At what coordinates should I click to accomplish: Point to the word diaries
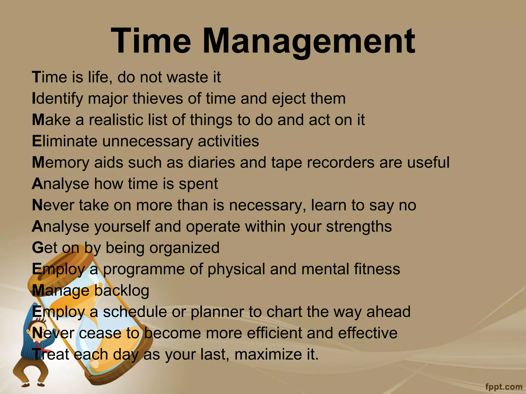(211, 163)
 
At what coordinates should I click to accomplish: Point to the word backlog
(121, 291)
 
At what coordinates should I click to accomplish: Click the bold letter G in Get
(37, 248)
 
